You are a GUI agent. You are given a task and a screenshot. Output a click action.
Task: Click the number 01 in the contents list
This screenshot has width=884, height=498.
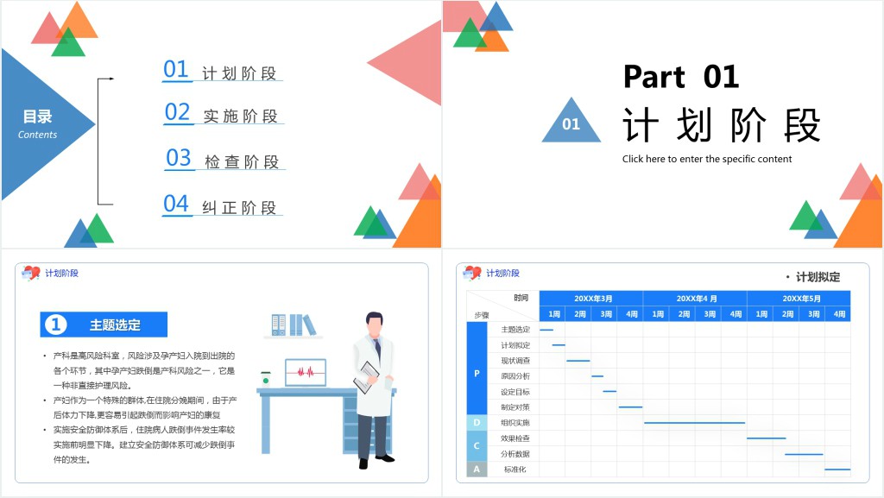tap(176, 69)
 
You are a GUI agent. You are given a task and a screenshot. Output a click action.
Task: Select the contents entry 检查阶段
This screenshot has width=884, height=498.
tap(242, 161)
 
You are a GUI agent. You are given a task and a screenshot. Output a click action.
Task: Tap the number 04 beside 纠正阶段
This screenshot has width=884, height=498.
tap(176, 204)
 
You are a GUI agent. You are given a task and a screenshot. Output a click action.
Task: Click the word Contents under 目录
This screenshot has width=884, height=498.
tap(37, 135)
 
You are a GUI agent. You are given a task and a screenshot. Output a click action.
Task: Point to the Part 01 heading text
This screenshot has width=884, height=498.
tap(681, 77)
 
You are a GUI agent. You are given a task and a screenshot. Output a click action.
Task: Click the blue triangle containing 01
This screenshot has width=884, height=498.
tap(571, 123)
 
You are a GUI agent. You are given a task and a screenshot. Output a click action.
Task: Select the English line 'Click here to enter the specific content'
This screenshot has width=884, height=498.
tap(707, 159)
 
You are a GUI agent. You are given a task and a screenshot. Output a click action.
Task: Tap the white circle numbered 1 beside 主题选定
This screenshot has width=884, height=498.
tap(55, 325)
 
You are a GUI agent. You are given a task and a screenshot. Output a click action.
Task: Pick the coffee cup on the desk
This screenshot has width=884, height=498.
tap(266, 378)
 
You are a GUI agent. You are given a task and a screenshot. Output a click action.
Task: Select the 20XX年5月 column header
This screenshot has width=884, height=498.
tap(799, 298)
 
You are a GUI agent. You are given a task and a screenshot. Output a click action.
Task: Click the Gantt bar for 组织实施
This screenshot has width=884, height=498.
tap(694, 423)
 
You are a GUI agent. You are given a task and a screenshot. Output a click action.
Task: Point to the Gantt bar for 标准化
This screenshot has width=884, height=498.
tap(837, 470)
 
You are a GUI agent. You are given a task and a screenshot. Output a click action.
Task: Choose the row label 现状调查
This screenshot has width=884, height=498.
tap(515, 361)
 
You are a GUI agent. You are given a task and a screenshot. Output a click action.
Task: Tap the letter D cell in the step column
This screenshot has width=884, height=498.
tap(477, 423)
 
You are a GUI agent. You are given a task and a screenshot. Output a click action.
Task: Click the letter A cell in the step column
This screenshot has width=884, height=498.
tap(477, 470)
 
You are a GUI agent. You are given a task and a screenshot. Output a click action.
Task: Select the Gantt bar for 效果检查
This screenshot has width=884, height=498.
tap(766, 438)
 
